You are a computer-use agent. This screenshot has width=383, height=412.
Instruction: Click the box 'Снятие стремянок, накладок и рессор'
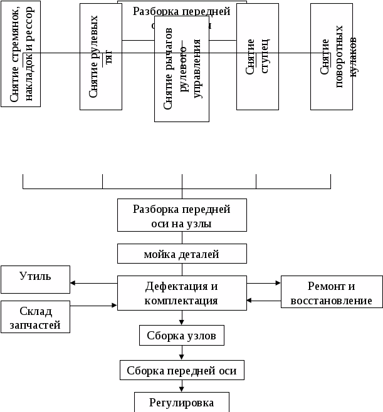click(x=21, y=54)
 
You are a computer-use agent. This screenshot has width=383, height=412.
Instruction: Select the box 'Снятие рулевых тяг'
click(x=101, y=57)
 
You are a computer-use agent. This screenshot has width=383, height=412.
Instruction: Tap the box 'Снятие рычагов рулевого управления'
click(x=181, y=69)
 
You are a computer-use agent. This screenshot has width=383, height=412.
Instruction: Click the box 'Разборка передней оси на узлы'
click(x=181, y=216)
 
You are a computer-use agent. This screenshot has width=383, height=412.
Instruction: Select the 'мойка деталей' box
click(x=181, y=254)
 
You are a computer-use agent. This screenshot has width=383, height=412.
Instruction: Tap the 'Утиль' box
click(x=35, y=279)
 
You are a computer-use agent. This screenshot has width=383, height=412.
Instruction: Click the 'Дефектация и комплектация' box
click(x=181, y=293)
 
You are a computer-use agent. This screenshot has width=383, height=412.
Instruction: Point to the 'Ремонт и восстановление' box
click(x=331, y=293)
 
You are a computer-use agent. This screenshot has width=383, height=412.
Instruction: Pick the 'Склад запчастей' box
click(x=35, y=317)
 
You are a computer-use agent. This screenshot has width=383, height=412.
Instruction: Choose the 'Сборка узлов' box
click(x=181, y=336)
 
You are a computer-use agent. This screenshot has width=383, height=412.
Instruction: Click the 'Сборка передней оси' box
click(x=181, y=370)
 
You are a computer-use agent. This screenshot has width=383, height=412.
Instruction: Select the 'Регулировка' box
click(x=181, y=402)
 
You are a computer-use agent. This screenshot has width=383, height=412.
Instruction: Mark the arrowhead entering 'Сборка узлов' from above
click(x=181, y=323)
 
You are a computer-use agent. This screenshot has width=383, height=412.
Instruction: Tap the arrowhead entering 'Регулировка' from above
click(x=181, y=389)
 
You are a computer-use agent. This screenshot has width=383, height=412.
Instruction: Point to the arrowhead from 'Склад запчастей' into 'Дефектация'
click(x=115, y=306)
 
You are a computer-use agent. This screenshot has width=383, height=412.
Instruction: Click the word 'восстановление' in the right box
click(x=331, y=301)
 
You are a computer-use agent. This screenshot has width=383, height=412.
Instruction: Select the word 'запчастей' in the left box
click(x=35, y=324)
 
